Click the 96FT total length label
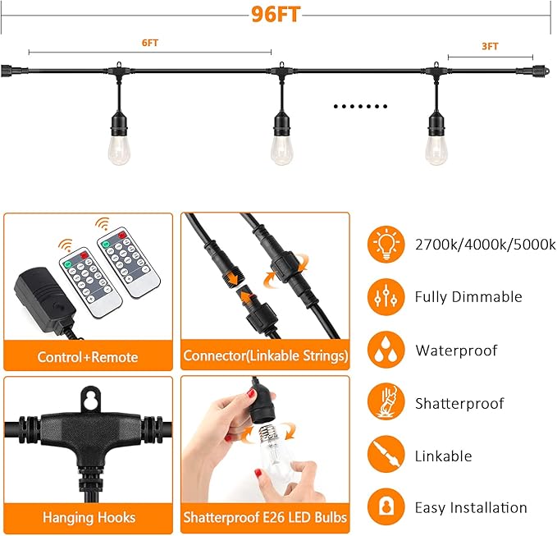276,15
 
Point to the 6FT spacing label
149,43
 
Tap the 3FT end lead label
490,46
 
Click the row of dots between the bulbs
360,106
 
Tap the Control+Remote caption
88,357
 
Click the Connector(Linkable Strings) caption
265,355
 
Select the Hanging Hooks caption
89,517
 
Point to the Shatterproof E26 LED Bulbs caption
265,517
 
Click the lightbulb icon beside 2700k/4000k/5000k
386,244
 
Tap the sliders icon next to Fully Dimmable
386,297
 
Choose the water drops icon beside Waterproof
386,350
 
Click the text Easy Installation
471,508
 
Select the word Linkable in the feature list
443,456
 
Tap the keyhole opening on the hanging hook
90,399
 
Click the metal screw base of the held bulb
268,433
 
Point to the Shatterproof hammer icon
386,402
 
